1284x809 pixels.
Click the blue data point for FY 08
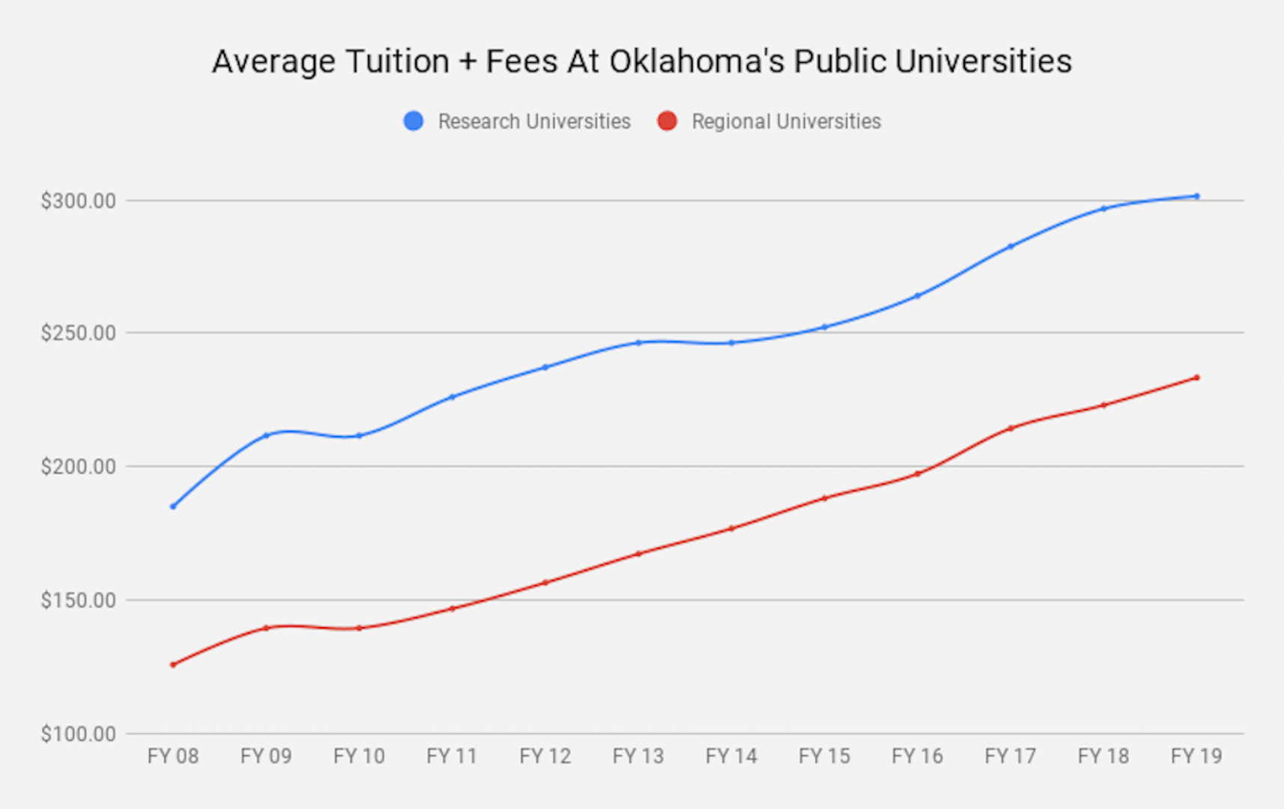pyautogui.click(x=173, y=506)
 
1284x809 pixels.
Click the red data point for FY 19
pyautogui.click(x=1196, y=378)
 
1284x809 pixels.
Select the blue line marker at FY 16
pyautogui.click(x=918, y=296)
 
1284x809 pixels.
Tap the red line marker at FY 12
pyautogui.click(x=545, y=582)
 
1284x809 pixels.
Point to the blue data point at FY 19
pyautogui.click(x=1196, y=196)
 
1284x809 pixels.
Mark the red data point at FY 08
pyautogui.click(x=173, y=664)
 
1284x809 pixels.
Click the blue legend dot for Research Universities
pyautogui.click(x=414, y=121)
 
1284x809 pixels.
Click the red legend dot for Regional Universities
pyautogui.click(x=667, y=121)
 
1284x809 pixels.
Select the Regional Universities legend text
pyautogui.click(x=786, y=121)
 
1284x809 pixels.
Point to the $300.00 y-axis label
pyautogui.click(x=79, y=201)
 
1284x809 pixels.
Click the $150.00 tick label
pyautogui.click(x=79, y=600)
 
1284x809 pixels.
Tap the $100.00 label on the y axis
pyautogui.click(x=79, y=734)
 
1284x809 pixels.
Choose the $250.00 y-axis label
pyautogui.click(x=79, y=333)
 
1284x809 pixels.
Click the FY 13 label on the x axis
pyautogui.click(x=638, y=757)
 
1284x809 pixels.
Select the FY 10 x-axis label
pyautogui.click(x=359, y=757)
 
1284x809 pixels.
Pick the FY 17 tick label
pyautogui.click(x=1011, y=757)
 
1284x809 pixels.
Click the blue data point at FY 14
pyautogui.click(x=732, y=343)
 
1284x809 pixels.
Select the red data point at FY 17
pyautogui.click(x=1011, y=428)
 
